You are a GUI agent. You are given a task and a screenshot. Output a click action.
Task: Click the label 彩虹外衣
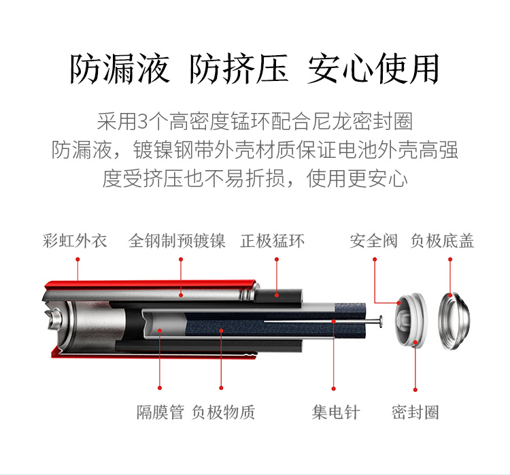(x=75, y=241)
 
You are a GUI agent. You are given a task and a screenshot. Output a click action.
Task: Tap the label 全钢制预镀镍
(x=177, y=241)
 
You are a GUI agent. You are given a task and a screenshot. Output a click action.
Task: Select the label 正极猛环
(x=272, y=241)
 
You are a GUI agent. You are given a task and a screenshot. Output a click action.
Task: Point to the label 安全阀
(x=373, y=241)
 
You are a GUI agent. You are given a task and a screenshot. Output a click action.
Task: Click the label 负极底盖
(x=442, y=241)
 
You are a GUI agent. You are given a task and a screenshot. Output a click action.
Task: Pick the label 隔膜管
(x=160, y=412)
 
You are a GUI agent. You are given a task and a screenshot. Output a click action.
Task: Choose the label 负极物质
(x=223, y=412)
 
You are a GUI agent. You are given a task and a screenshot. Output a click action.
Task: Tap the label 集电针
(x=336, y=412)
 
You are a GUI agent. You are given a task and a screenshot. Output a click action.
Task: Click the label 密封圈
(x=415, y=412)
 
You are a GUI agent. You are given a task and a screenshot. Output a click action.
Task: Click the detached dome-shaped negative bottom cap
(x=454, y=321)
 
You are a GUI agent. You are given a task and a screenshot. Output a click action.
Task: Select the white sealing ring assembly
(x=411, y=320)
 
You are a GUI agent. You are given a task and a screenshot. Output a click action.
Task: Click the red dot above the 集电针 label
(x=333, y=389)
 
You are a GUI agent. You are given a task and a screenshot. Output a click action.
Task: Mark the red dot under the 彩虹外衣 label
(x=78, y=259)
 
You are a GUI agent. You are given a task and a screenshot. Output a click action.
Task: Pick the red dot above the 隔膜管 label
(x=160, y=388)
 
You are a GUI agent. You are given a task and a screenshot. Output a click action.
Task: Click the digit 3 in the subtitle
(x=143, y=121)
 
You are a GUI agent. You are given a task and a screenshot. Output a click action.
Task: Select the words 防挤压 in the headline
(x=239, y=69)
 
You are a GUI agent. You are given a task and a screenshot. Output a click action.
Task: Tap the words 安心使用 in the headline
(x=374, y=69)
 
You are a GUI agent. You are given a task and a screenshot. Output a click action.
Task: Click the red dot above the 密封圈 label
(x=415, y=390)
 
